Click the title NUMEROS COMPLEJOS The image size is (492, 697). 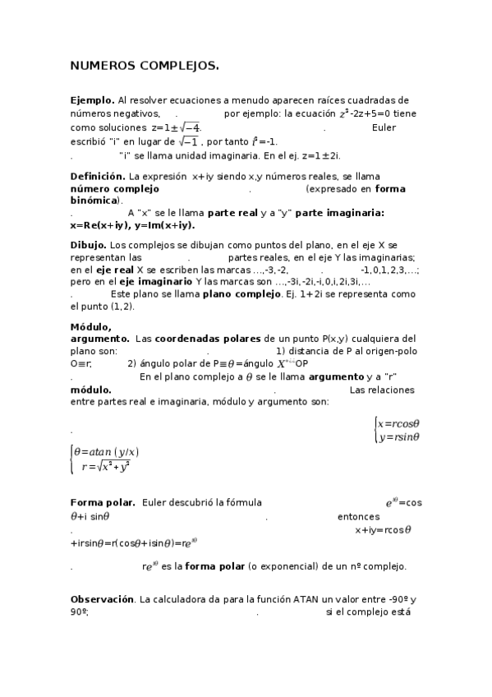[145, 65]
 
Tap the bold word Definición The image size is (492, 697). [97, 176]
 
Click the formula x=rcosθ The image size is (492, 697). [398, 423]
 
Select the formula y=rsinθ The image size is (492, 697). [398, 436]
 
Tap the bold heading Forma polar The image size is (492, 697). [103, 502]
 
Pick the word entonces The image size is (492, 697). [359, 517]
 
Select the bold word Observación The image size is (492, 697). [103, 600]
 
